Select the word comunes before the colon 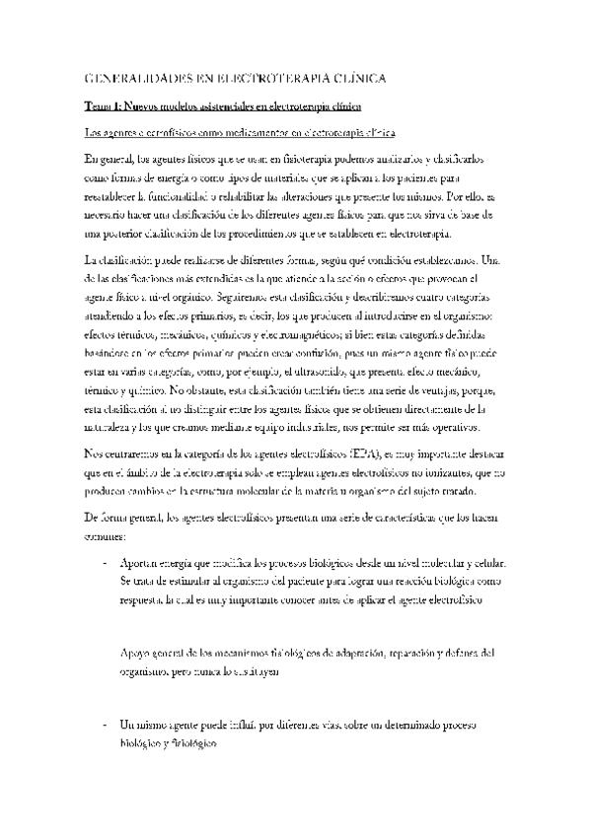click(104, 537)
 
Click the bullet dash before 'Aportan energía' click(106, 564)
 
